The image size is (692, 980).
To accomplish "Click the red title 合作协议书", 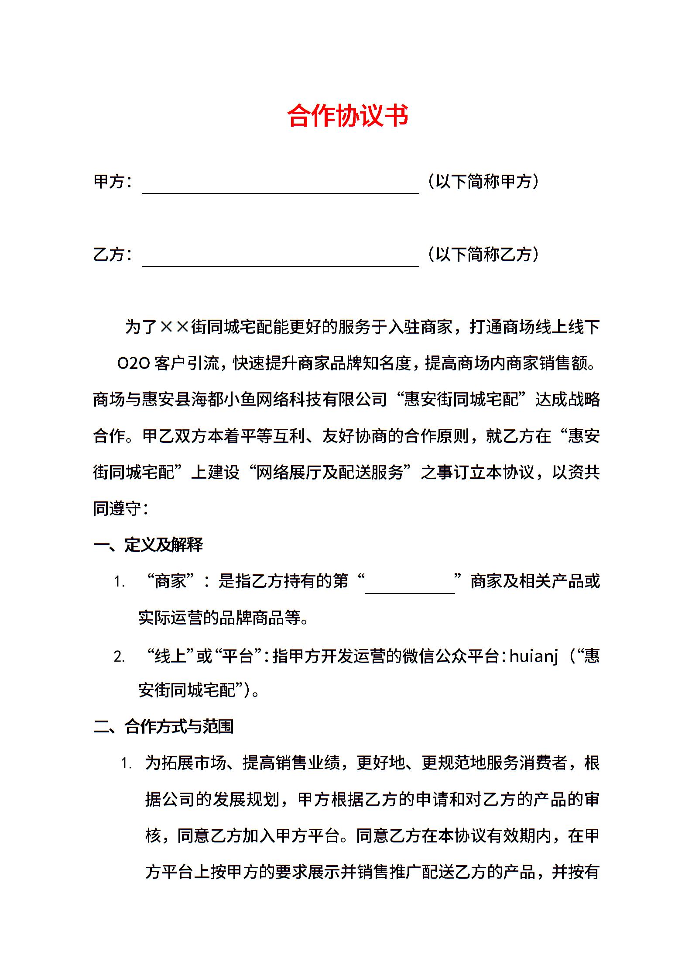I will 348,116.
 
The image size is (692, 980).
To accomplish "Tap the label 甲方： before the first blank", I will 113,182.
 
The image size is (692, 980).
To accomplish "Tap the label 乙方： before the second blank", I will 113,255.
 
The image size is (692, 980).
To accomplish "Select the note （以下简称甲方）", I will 483,182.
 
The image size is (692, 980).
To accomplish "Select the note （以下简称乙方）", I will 483,255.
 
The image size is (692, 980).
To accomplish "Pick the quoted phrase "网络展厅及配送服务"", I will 331,472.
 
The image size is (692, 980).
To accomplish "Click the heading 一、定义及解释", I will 148,545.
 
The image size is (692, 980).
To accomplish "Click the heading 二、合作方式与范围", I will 164,727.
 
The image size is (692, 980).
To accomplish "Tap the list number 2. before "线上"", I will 119,657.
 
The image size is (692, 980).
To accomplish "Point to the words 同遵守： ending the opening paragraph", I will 121,508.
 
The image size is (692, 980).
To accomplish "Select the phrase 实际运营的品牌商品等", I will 220,618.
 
